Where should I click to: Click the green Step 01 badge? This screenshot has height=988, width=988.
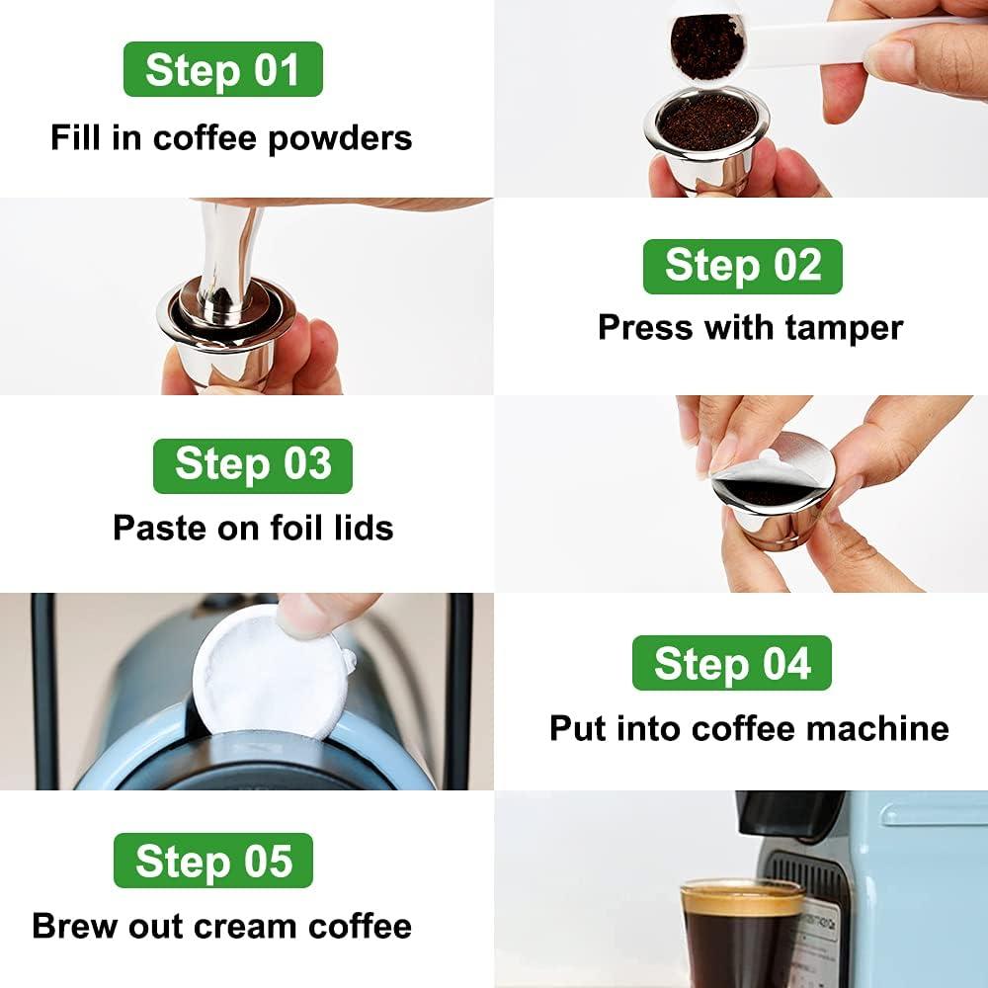tap(222, 69)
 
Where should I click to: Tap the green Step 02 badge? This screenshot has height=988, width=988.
tap(742, 267)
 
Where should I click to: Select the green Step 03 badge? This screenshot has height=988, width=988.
tap(252, 465)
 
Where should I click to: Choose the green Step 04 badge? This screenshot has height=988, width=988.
tap(731, 663)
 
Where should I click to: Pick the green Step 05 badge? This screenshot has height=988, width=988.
tap(213, 861)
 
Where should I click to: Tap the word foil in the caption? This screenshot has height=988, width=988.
tap(288, 528)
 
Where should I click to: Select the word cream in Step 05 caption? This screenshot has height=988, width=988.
tap(246, 926)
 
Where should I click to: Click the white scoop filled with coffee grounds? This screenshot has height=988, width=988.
tap(707, 44)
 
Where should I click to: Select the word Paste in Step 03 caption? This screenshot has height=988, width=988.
tap(150, 528)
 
